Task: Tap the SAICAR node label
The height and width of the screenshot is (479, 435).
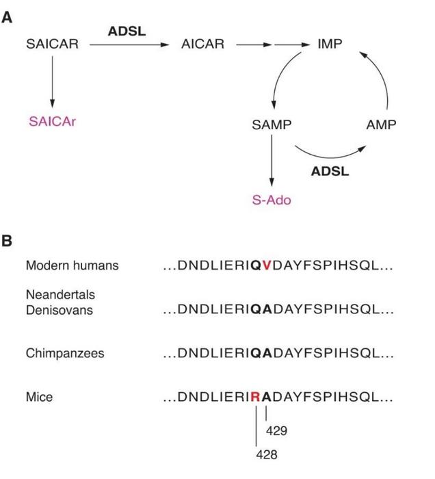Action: pos(52,44)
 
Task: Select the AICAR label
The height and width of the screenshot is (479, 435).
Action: pos(202,44)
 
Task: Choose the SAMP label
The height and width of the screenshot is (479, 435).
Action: pos(272,125)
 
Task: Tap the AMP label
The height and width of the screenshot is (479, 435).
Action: pos(381,125)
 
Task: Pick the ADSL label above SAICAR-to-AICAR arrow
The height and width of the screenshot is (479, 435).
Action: pos(127,31)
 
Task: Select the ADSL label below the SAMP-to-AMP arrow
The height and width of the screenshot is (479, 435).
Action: pos(330,171)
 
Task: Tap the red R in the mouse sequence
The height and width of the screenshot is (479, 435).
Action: pos(256,396)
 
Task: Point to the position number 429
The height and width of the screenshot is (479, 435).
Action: pos(277,431)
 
